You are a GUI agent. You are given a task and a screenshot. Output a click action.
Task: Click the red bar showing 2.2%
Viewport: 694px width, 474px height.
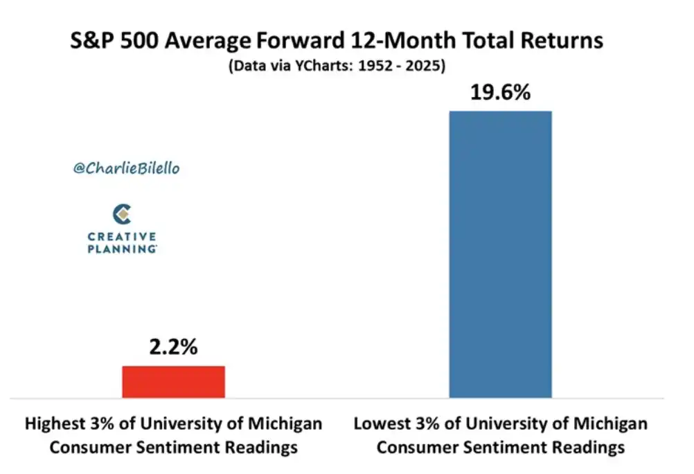pyautogui.click(x=173, y=382)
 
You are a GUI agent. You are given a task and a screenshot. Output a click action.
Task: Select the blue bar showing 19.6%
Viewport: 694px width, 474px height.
pyautogui.click(x=501, y=254)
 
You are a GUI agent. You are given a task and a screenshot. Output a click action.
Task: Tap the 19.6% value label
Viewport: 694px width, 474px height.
pyautogui.click(x=500, y=93)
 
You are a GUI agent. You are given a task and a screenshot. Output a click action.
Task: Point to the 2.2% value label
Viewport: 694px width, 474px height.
pyautogui.click(x=173, y=347)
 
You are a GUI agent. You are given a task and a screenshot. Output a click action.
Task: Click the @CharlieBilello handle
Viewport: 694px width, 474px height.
pyautogui.click(x=127, y=168)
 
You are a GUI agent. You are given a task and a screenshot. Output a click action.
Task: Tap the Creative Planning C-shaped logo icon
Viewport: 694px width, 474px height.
pyautogui.click(x=122, y=214)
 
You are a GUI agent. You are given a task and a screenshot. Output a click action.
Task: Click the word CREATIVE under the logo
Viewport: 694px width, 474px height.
pyautogui.click(x=122, y=236)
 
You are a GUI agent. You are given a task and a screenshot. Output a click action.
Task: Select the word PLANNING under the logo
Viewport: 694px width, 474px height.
pyautogui.click(x=122, y=249)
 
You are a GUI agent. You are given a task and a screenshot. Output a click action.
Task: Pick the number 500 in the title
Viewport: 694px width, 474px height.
pyautogui.click(x=139, y=41)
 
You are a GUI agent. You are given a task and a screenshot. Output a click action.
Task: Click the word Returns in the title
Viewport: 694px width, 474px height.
pyautogui.click(x=562, y=41)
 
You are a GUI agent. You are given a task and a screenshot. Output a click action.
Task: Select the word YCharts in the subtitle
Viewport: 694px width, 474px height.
pyautogui.click(x=323, y=66)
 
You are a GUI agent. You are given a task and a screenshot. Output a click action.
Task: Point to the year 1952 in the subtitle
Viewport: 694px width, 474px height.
pyautogui.click(x=375, y=66)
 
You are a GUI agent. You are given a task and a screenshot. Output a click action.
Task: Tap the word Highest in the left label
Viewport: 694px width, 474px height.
pyautogui.click(x=55, y=424)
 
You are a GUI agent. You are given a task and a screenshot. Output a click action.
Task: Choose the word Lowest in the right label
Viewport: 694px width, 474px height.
pyautogui.click(x=382, y=424)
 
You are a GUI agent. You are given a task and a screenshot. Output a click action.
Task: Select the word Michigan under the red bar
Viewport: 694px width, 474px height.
pyautogui.click(x=285, y=424)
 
